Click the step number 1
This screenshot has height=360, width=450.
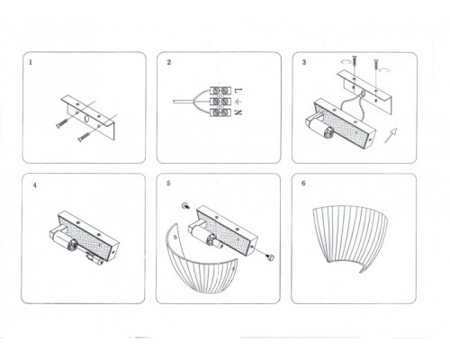coord(31,63)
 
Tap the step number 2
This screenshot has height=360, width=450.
coord(169,62)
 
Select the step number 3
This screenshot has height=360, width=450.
coord(304,62)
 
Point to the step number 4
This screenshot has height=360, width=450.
coord(35,185)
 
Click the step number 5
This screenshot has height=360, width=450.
coord(168,183)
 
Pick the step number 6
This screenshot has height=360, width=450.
coord(303,183)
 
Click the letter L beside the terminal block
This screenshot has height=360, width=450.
coord(238,90)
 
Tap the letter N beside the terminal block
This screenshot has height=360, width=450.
coord(238,112)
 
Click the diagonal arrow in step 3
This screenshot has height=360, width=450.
coord(391,135)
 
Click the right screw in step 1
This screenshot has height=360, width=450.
coord(85,137)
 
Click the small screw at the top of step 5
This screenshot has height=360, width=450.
coord(184,206)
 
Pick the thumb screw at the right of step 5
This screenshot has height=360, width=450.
coord(271,256)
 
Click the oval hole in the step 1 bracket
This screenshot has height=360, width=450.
coord(86,119)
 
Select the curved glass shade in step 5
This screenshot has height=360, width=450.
coord(202,264)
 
